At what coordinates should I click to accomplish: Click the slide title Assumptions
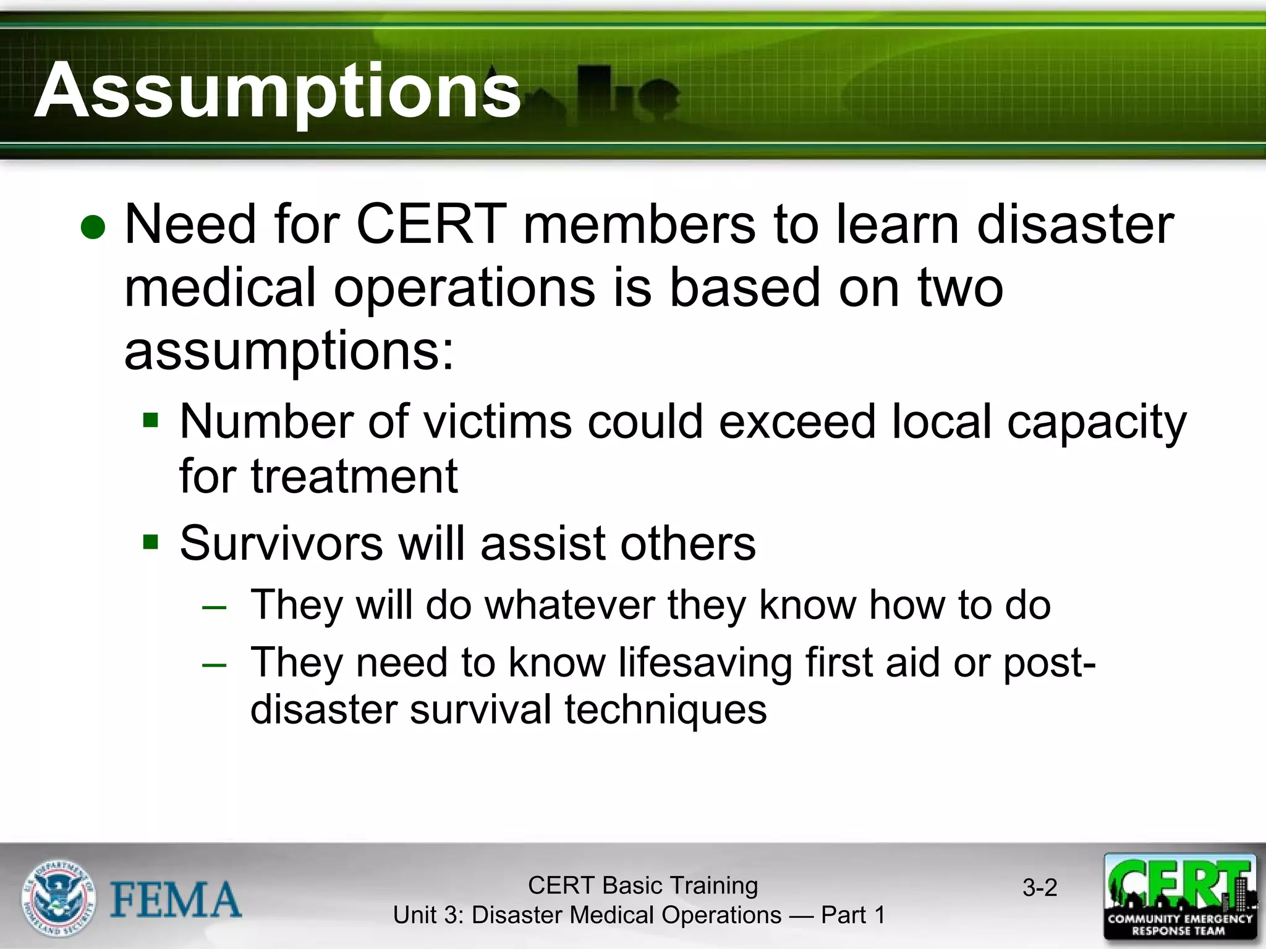tap(277, 91)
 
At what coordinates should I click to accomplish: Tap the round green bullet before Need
tap(93, 227)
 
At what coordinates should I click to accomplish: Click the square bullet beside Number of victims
tap(150, 421)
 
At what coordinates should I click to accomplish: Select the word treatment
tap(354, 476)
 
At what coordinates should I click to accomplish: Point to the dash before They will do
tap(214, 606)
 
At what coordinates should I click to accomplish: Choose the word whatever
tap(569, 604)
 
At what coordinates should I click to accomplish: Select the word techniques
tap(665, 709)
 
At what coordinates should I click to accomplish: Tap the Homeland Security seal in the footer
tap(59, 897)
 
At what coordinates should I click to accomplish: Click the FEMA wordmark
tap(176, 899)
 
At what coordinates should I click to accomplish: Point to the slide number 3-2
tap(1040, 888)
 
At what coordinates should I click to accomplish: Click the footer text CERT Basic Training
tap(642, 885)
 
